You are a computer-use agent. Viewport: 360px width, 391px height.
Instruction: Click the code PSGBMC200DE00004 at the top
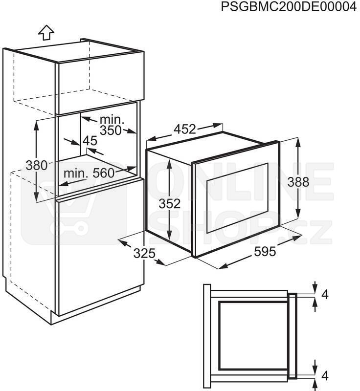(289, 7)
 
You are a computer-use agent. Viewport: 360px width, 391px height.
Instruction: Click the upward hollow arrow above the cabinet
(46, 32)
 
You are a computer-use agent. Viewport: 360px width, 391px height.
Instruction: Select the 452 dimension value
(185, 129)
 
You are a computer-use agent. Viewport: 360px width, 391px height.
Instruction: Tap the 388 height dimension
(298, 182)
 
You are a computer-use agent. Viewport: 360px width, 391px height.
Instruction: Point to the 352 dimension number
(170, 203)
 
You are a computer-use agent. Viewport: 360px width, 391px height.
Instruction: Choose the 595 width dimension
(265, 251)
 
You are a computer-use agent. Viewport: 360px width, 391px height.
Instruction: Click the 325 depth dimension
(144, 254)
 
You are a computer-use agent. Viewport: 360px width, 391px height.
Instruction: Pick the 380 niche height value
(36, 165)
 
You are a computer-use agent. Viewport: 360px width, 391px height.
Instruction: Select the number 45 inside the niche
(90, 141)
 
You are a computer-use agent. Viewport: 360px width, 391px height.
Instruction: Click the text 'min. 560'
(89, 173)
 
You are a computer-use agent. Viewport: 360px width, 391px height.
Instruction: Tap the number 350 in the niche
(111, 130)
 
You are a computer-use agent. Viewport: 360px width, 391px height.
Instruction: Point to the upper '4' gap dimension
(325, 295)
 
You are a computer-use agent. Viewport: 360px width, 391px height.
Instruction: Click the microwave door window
(238, 198)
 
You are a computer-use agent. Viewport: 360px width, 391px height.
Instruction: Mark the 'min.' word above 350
(112, 120)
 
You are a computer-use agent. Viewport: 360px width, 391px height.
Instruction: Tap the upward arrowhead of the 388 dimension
(298, 142)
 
